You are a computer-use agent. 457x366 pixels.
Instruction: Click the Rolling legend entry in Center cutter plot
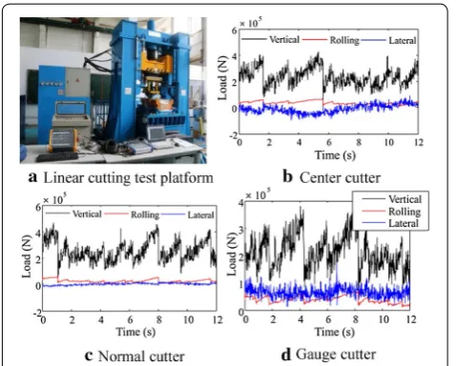tap(344, 40)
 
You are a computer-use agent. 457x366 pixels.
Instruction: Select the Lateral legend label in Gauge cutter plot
tap(404, 223)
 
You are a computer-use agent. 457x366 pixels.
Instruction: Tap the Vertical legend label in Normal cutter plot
tap(87, 213)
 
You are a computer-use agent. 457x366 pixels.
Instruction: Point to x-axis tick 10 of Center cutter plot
tap(388, 142)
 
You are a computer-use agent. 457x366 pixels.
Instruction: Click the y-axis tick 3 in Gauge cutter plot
tap(240, 230)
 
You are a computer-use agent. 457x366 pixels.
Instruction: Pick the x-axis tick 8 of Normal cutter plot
tap(159, 319)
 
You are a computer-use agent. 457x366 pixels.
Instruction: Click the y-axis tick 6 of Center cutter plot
tap(235, 30)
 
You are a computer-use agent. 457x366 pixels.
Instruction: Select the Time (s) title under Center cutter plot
tap(335, 155)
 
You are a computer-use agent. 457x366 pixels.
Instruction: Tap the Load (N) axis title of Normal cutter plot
tap(27, 256)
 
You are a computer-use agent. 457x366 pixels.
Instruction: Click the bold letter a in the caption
tap(32, 177)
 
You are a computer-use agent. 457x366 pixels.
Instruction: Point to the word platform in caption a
tap(186, 178)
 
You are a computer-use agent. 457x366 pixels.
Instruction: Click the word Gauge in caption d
tap(314, 355)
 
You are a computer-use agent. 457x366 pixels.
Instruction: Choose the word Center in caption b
tap(319, 178)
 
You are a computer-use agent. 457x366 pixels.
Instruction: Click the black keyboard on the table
tap(57, 156)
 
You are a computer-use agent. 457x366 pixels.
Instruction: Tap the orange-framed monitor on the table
tap(62, 140)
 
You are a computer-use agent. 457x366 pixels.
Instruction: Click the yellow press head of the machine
tap(156, 63)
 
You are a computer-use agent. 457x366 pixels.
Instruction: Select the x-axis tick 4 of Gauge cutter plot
tap(301, 318)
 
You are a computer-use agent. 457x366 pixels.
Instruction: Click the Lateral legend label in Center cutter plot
tap(403, 40)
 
